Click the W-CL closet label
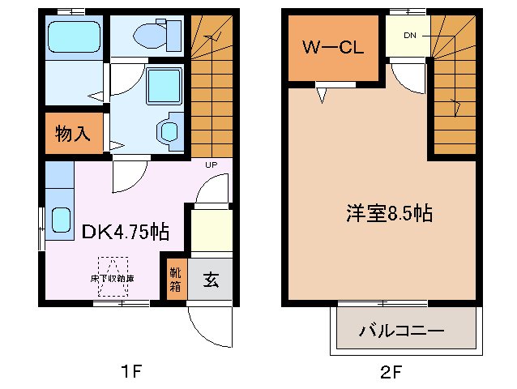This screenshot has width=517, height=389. [x=332, y=47]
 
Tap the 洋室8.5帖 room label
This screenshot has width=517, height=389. [x=389, y=214]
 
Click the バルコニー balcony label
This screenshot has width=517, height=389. [x=402, y=332]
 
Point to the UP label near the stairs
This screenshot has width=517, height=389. [x=211, y=165]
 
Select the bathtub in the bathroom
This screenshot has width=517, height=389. [x=72, y=36]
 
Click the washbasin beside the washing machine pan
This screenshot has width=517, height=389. [x=170, y=131]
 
